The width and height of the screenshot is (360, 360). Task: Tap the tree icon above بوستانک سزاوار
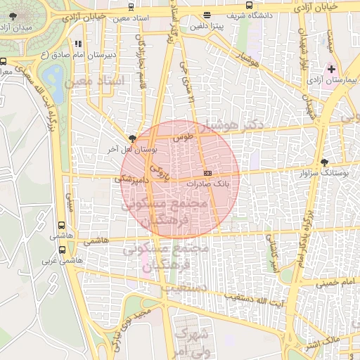pyautogui.click(x=323, y=161)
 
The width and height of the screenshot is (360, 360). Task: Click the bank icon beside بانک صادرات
pyautogui.click(x=207, y=172)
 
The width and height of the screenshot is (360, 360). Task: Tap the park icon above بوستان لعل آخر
pyautogui.click(x=131, y=139)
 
